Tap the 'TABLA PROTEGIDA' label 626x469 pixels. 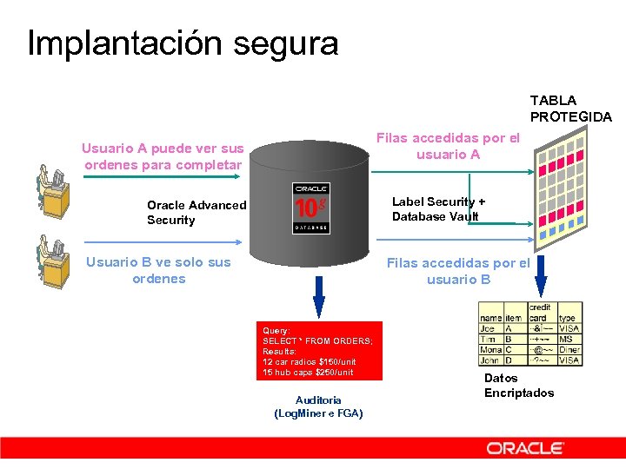(x=570, y=109)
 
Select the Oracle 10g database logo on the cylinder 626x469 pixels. (x=311, y=208)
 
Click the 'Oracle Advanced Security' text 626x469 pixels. (x=196, y=213)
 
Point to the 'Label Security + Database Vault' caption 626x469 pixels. (x=439, y=209)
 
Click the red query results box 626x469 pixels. (x=319, y=351)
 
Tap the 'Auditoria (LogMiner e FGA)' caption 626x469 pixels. (x=318, y=406)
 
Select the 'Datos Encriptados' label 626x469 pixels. (x=518, y=386)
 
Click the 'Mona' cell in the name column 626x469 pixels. (x=490, y=349)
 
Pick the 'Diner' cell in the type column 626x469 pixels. (x=569, y=349)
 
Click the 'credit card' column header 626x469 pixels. (x=541, y=313)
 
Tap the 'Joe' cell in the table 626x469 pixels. (x=488, y=329)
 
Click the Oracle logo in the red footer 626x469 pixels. (x=525, y=448)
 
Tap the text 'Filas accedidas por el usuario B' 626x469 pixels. (x=457, y=271)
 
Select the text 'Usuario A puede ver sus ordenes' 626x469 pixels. (x=163, y=156)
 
